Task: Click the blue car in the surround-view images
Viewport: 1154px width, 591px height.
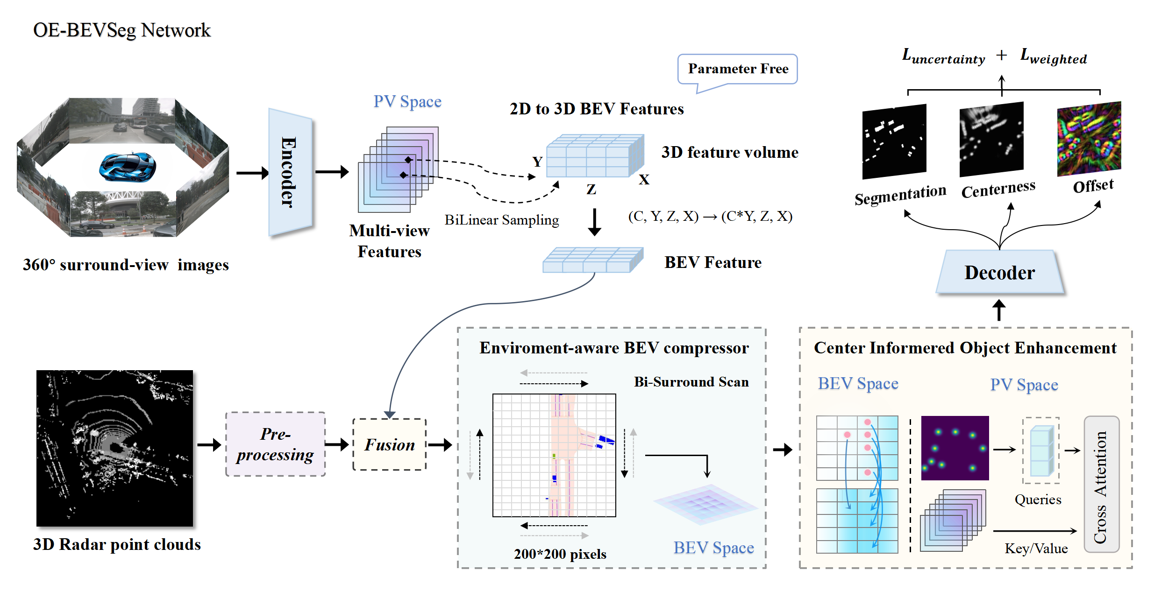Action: pyautogui.click(x=128, y=167)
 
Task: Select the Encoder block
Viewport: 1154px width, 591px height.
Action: pyautogui.click(x=290, y=172)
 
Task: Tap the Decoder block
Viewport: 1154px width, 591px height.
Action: pyautogui.click(x=1000, y=272)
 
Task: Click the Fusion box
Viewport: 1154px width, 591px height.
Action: pyautogui.click(x=390, y=444)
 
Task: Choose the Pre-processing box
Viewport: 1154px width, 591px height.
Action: pyautogui.click(x=276, y=444)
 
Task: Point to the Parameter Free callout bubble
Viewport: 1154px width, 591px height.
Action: pyautogui.click(x=737, y=70)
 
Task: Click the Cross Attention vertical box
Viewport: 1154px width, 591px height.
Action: pyautogui.click(x=1101, y=484)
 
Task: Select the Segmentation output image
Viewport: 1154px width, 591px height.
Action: pyautogui.click(x=894, y=141)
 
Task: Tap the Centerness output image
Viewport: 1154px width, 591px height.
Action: pyautogui.click(x=991, y=139)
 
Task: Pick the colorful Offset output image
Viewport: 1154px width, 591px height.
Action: pyautogui.click(x=1089, y=139)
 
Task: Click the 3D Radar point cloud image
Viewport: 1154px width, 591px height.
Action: pyautogui.click(x=115, y=448)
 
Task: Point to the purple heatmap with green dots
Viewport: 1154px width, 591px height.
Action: pyautogui.click(x=955, y=448)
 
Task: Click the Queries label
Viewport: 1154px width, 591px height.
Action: pyautogui.click(x=1038, y=500)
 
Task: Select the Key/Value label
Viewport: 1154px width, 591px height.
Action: pyautogui.click(x=1036, y=548)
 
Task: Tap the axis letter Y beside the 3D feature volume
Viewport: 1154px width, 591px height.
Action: pyautogui.click(x=537, y=162)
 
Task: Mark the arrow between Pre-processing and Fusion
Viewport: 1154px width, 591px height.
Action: pyautogui.click(x=337, y=444)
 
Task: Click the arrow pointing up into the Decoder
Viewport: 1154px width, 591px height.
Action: pyautogui.click(x=999, y=310)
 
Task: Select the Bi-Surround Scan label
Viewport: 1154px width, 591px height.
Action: pyautogui.click(x=691, y=382)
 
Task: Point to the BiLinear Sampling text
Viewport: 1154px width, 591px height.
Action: pyautogui.click(x=501, y=220)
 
